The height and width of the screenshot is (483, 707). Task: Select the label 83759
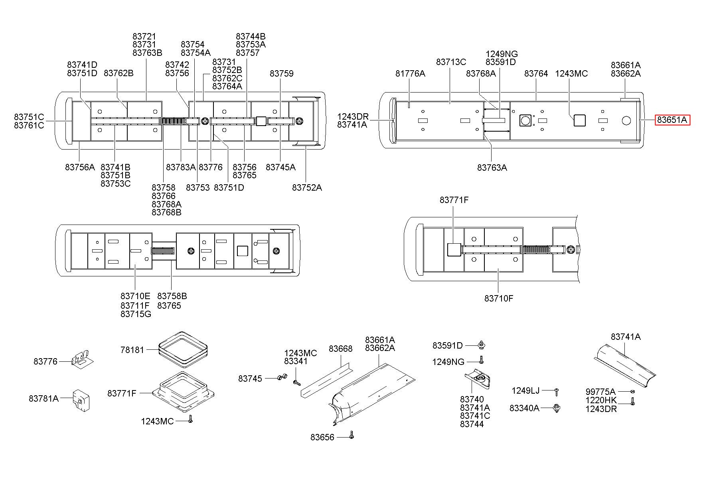pyautogui.click(x=281, y=73)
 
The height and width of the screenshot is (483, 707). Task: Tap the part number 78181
pyautogui.click(x=132, y=350)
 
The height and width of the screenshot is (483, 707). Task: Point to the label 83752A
pyautogui.click(x=307, y=187)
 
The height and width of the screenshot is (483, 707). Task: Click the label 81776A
pyautogui.click(x=410, y=73)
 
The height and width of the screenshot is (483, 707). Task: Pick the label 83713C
pyautogui.click(x=451, y=62)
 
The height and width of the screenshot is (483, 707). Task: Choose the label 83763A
pyautogui.click(x=492, y=168)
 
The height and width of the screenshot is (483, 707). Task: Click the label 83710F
pyautogui.click(x=499, y=298)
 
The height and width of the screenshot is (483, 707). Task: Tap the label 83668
pyautogui.click(x=341, y=349)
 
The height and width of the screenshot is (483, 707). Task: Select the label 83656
pyautogui.click(x=322, y=438)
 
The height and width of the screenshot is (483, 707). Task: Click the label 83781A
pyautogui.click(x=43, y=398)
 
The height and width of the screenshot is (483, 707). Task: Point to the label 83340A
pyautogui.click(x=524, y=408)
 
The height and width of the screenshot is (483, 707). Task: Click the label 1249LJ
pyautogui.click(x=525, y=390)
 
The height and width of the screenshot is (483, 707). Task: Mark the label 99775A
pyautogui.click(x=600, y=392)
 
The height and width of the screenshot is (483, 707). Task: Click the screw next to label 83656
pyautogui.click(x=352, y=434)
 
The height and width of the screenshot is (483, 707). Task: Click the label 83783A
pyautogui.click(x=181, y=167)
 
